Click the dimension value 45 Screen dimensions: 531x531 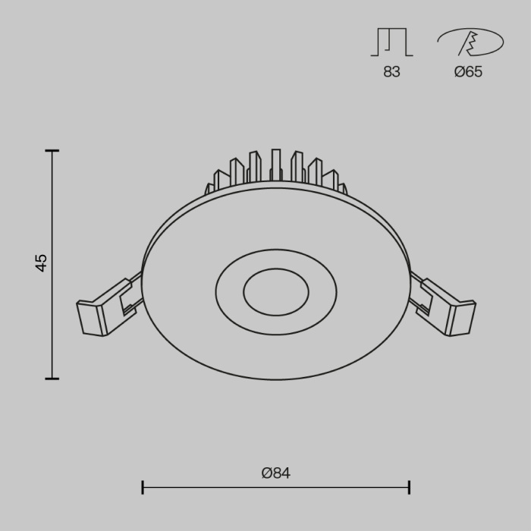pyautogui.click(x=42, y=263)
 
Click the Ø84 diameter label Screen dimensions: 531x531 pyautogui.click(x=276, y=473)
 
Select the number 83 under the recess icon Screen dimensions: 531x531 pyautogui.click(x=391, y=72)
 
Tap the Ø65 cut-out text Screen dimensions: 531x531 pyautogui.click(x=468, y=72)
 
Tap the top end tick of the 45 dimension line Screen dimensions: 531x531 pyautogui.click(x=52, y=151)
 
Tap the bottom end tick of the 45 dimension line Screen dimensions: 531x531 pyautogui.click(x=52, y=378)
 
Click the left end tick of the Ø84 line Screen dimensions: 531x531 pyautogui.click(x=143, y=487)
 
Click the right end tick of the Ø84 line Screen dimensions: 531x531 pyautogui.click(x=410, y=487)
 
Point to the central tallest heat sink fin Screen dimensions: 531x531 pyautogui.click(x=276, y=165)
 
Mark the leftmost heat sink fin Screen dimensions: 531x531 pyautogui.click(x=209, y=188)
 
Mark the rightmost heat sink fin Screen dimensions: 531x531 pyautogui.click(x=343, y=188)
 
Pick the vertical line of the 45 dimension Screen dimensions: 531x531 pyautogui.click(x=52, y=319)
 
